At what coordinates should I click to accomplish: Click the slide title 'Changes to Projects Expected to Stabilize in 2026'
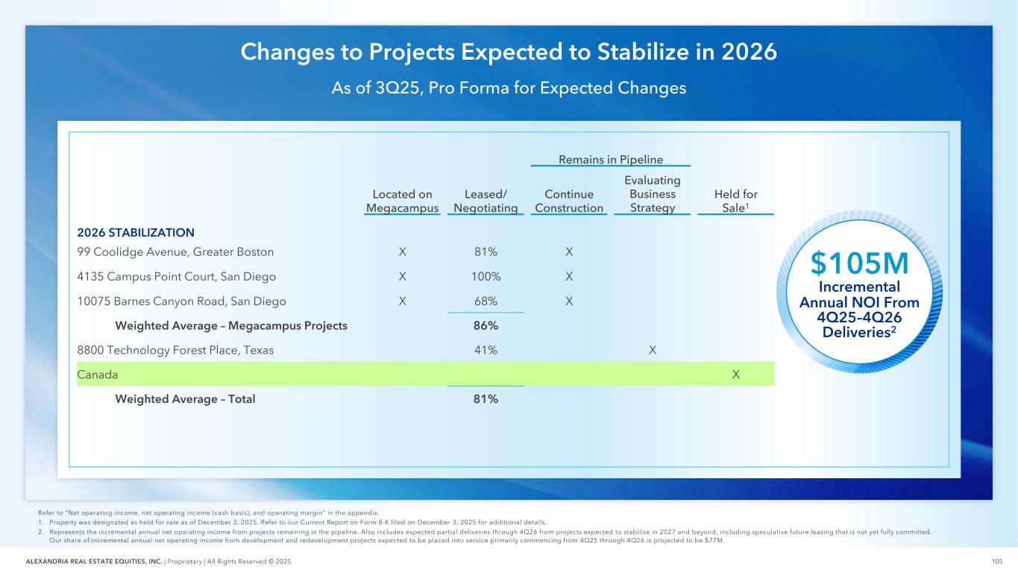[509, 52]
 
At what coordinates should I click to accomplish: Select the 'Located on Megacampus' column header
[403, 201]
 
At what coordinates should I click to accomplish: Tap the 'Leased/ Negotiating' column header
[486, 201]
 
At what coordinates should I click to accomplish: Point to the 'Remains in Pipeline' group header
[611, 159]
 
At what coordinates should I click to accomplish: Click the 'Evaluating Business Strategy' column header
[653, 194]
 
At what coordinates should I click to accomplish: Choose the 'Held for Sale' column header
[735, 201]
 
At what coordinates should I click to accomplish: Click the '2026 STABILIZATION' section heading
[136, 232]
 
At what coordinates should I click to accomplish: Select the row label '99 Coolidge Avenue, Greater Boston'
[175, 252]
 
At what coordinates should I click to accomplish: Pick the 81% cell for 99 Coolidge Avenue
[486, 252]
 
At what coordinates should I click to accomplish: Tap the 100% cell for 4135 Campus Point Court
[486, 277]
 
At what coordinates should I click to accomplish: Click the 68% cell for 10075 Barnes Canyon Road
[486, 301]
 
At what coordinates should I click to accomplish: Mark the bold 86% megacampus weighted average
[486, 325]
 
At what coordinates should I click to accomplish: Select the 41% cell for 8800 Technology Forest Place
[486, 350]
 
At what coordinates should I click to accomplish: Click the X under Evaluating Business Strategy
[653, 350]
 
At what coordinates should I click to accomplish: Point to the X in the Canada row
[736, 375]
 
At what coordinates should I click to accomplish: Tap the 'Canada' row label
[98, 375]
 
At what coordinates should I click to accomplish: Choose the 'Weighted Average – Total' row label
[185, 399]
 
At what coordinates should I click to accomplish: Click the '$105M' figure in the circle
[859, 263]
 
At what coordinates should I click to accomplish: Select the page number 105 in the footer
[996, 562]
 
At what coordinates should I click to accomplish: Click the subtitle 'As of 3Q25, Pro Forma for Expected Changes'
[509, 88]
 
